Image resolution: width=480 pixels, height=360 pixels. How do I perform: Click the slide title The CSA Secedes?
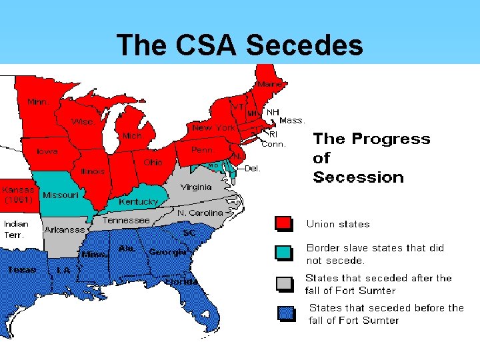pyautogui.click(x=240, y=45)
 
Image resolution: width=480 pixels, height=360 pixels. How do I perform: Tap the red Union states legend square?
pyautogui.click(x=283, y=223)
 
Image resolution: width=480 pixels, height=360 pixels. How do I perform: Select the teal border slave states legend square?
pyautogui.click(x=283, y=253)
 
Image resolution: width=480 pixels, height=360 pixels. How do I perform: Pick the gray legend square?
pyautogui.click(x=283, y=283)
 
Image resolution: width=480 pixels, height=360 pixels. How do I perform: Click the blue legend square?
pyautogui.click(x=287, y=313)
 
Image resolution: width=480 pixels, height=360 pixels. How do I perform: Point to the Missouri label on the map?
pyautogui.click(x=60, y=195)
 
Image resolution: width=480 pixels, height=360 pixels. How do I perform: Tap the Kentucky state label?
pyautogui.click(x=138, y=201)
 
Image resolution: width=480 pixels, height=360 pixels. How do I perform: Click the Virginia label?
pyautogui.click(x=196, y=187)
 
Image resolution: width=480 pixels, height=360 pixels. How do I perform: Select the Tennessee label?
pyautogui.click(x=126, y=219)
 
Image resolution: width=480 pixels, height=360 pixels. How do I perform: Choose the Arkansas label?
pyautogui.click(x=65, y=230)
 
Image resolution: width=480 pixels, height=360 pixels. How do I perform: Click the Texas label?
pyautogui.click(x=23, y=270)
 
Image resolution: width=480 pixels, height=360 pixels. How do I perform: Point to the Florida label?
pyautogui.click(x=181, y=281)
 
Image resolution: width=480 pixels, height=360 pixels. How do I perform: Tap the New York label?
pyautogui.click(x=213, y=127)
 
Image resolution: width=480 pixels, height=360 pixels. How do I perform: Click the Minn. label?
pyautogui.click(x=37, y=102)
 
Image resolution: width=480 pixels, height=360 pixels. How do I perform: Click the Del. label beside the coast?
pyautogui.click(x=253, y=169)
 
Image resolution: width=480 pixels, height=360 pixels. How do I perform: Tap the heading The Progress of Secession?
pyautogui.click(x=371, y=158)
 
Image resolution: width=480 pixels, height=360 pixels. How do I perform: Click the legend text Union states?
pyautogui.click(x=337, y=224)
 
